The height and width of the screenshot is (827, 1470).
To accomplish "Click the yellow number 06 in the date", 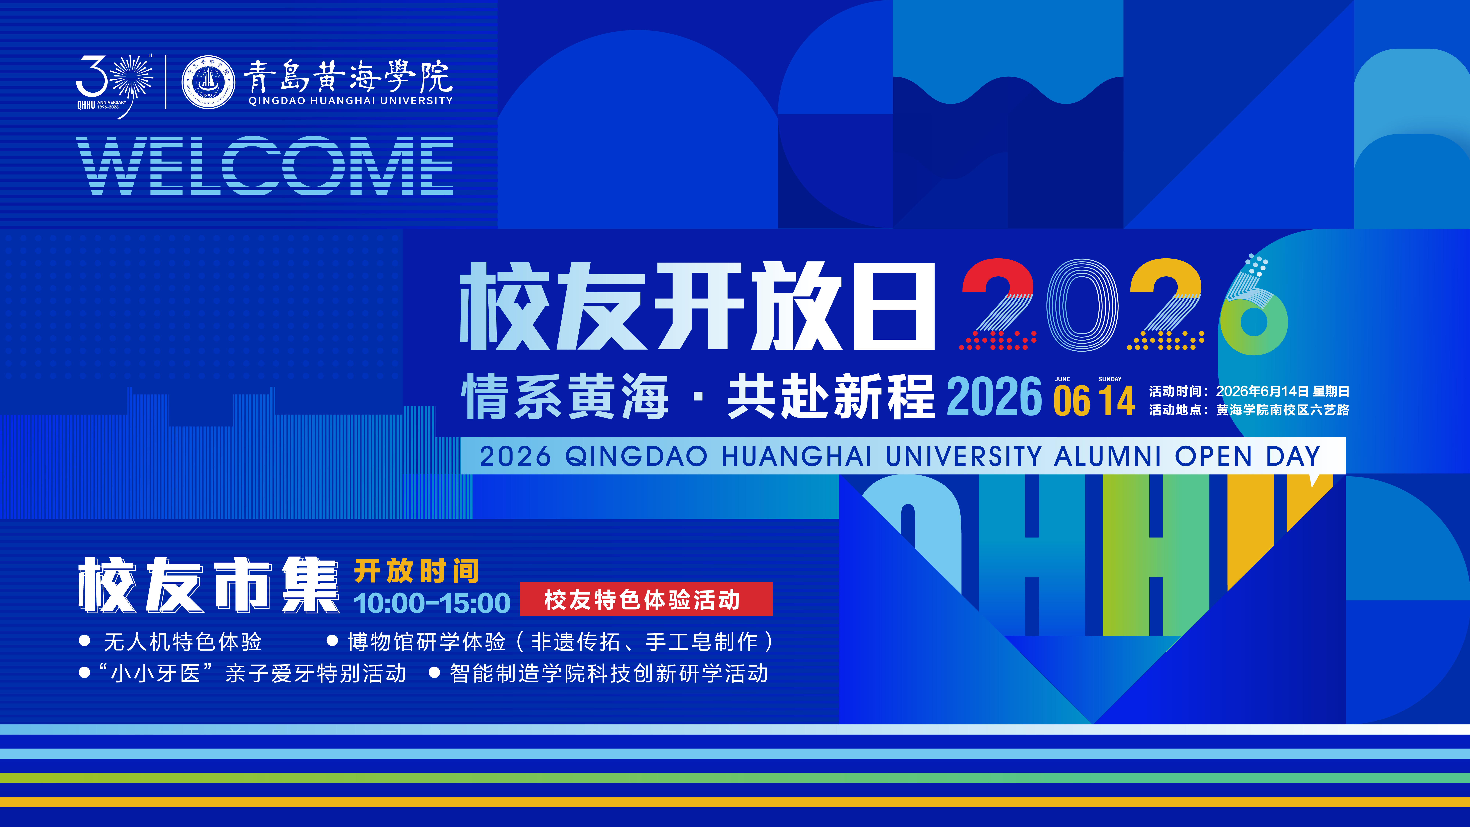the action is coord(1072,401).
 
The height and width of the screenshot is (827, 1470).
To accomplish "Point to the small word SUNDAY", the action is coord(1110,379).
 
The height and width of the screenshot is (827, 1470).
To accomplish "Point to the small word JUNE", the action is coord(1062,379).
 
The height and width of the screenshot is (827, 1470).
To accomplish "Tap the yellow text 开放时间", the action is coord(417,571).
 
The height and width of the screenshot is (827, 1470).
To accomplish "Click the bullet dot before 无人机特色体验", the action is coord(85,641).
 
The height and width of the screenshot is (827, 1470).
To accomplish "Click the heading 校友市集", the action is coord(208,585).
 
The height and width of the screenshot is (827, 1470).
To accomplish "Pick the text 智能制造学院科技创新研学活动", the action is coord(609,674).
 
